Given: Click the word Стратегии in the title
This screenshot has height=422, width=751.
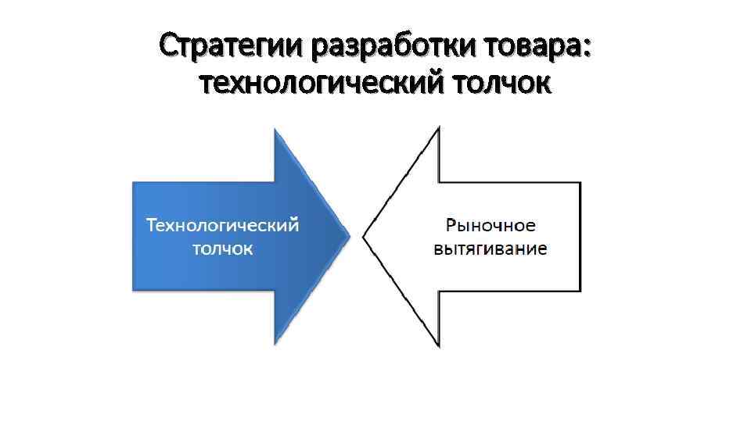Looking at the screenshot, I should point(232,48).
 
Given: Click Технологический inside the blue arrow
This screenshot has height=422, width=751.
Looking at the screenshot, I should point(223,225).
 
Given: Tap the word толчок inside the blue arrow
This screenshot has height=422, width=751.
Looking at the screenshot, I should point(223,249).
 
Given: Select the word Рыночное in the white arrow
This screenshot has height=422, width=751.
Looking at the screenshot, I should point(490,225).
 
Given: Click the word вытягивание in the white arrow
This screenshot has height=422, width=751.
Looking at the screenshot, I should point(490,249).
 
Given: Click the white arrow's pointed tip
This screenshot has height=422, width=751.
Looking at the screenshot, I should point(363,234).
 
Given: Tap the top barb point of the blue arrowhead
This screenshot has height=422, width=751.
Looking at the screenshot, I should point(275,129).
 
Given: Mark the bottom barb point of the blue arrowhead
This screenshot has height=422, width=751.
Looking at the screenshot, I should point(275,343).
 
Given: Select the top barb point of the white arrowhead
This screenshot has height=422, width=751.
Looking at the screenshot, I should point(439,127).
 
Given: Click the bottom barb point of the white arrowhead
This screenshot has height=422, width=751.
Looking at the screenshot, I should point(439,345).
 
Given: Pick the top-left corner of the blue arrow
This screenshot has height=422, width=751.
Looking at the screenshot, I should point(133,183).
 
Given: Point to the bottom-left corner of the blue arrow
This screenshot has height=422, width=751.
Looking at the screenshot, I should point(133,291).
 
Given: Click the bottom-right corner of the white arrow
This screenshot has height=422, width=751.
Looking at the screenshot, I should point(580,290).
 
